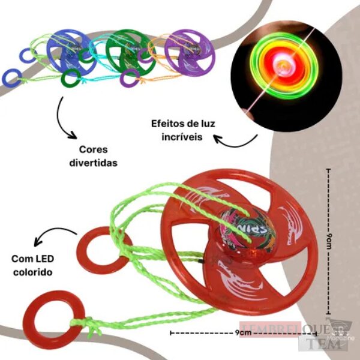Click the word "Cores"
click(92, 150)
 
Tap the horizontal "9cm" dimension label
click(243, 332)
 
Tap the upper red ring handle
click(97, 250)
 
